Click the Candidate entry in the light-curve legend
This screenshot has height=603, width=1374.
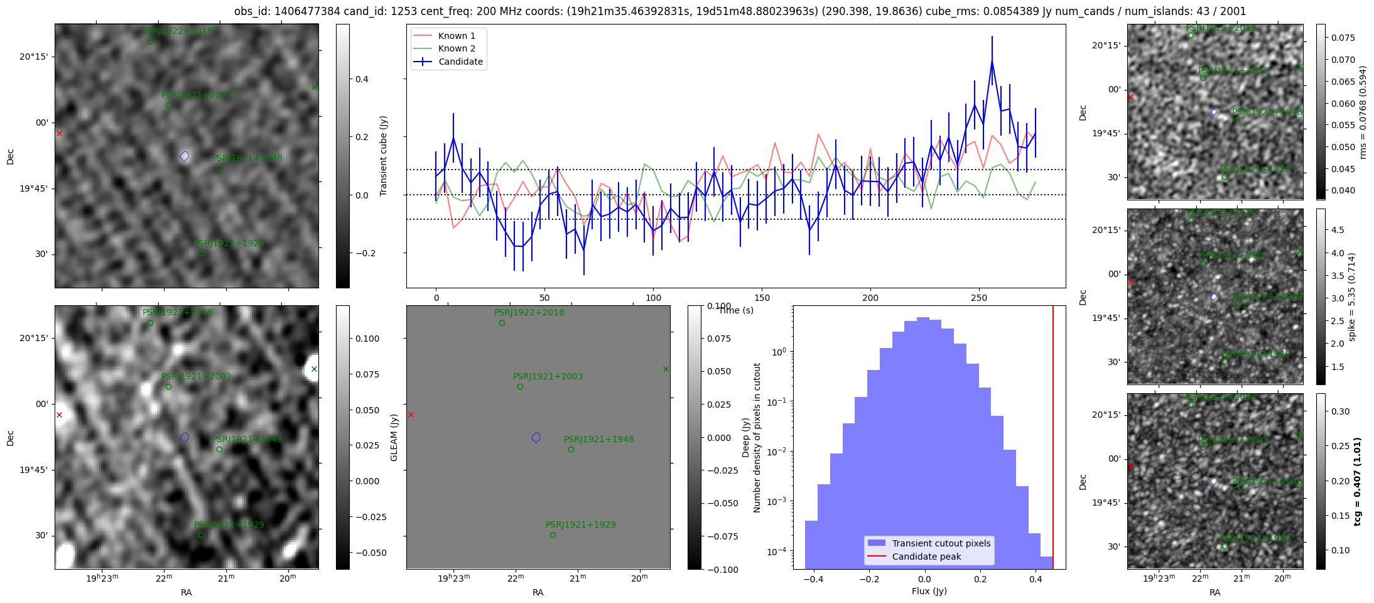point(460,62)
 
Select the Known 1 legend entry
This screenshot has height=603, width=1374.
point(457,36)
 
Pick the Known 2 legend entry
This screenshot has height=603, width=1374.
point(457,48)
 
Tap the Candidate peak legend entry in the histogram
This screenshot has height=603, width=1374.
point(926,557)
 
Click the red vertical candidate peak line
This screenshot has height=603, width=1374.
point(1053,440)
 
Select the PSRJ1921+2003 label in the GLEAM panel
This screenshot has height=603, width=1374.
point(548,376)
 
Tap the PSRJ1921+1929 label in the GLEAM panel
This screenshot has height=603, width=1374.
point(580,524)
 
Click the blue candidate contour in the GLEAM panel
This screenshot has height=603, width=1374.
point(536,438)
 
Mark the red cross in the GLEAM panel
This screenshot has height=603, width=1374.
point(411,415)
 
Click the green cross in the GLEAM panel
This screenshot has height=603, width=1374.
point(666,369)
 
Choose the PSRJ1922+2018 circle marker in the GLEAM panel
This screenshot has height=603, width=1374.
point(502,323)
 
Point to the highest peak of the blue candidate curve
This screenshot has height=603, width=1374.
point(992,62)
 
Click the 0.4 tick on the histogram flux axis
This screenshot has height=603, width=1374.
point(1036,579)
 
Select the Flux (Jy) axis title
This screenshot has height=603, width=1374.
point(929,591)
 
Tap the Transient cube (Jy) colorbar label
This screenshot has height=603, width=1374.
point(383,156)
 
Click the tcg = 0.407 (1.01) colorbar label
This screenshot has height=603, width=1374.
point(1357,481)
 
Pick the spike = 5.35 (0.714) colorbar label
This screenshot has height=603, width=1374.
point(1351,296)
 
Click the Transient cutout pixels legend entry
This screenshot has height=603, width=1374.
point(941,543)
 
